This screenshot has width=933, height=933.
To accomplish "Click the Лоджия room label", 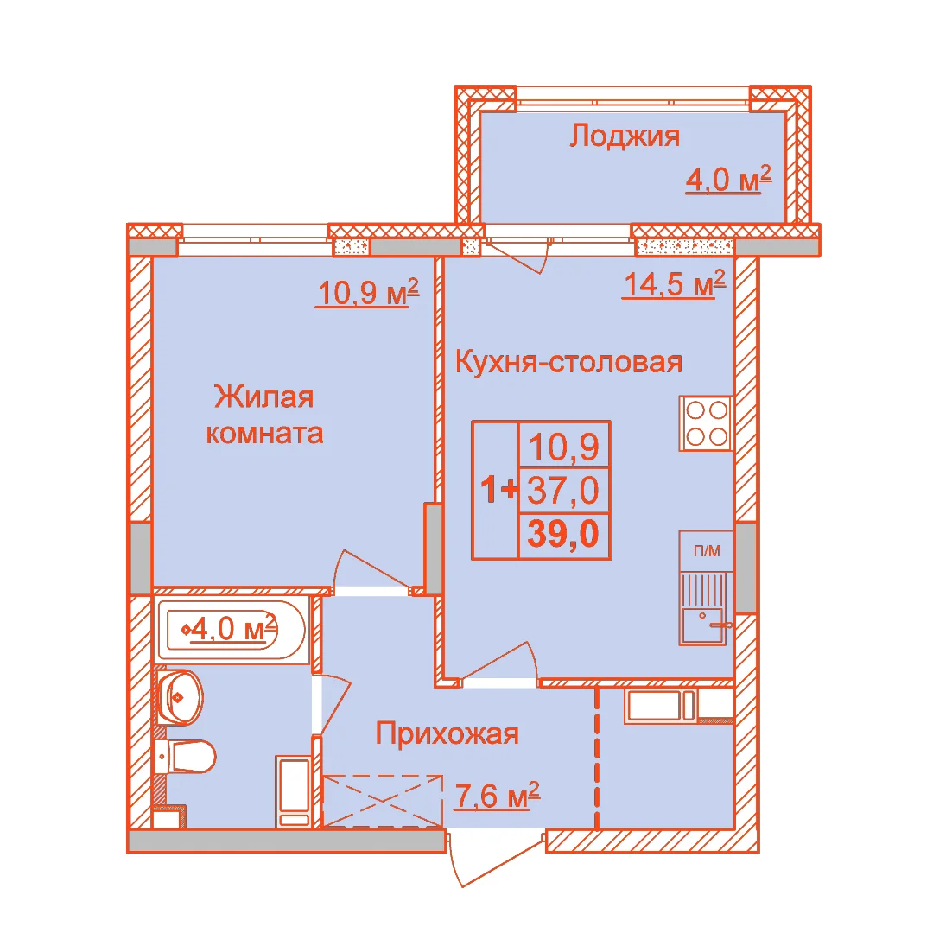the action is click(625, 136).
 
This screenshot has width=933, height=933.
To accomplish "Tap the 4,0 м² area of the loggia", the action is click(728, 179).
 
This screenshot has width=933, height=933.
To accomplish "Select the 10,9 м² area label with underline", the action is click(368, 292).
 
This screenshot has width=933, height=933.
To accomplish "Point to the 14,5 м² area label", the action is click(674, 283).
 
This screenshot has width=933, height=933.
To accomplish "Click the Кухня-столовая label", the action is click(568, 362).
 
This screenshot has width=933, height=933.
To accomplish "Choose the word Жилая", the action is click(263, 397).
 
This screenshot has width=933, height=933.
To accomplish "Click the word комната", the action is click(264, 434).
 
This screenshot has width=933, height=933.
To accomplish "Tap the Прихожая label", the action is click(447, 733).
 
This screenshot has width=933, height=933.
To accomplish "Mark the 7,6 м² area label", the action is click(497, 796).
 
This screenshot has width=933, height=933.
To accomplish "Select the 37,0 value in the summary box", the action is click(563, 491).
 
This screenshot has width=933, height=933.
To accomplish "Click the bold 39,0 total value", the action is click(563, 534).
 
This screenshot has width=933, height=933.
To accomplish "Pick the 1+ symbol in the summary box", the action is click(498, 490).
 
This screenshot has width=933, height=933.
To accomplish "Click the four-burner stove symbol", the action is click(707, 423).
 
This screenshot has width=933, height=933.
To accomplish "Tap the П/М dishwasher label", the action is click(707, 551).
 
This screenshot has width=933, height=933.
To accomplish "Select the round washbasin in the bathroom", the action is click(180, 697).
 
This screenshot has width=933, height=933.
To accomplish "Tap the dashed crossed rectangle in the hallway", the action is click(383, 801).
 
